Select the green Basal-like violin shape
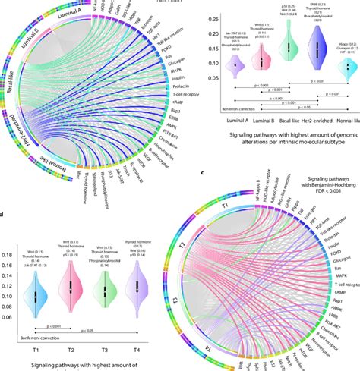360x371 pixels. (x=288, y=50)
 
